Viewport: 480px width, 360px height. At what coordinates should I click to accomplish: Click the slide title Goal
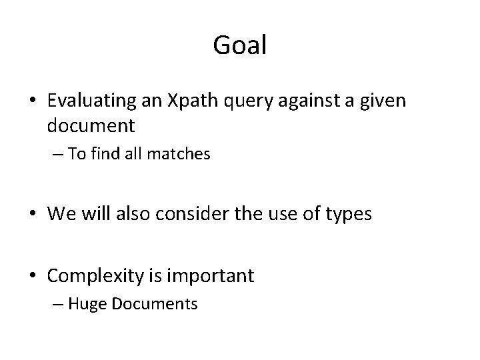(240, 45)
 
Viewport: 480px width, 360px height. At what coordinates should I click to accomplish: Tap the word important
(216, 276)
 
